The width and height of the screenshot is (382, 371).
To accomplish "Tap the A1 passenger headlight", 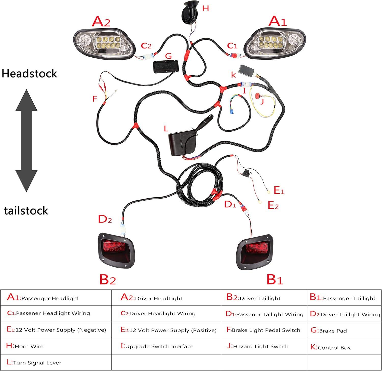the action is click(275, 43).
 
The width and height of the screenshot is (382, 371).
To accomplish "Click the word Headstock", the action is click(30, 74).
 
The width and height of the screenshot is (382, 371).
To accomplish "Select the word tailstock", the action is click(26, 211).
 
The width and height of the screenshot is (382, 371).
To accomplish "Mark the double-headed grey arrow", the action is click(26, 140).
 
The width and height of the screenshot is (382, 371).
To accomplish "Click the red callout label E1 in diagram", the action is click(279, 190).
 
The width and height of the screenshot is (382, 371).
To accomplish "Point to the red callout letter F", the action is click(95, 99).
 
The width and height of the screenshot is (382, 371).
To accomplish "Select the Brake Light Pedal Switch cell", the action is click(264, 330).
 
